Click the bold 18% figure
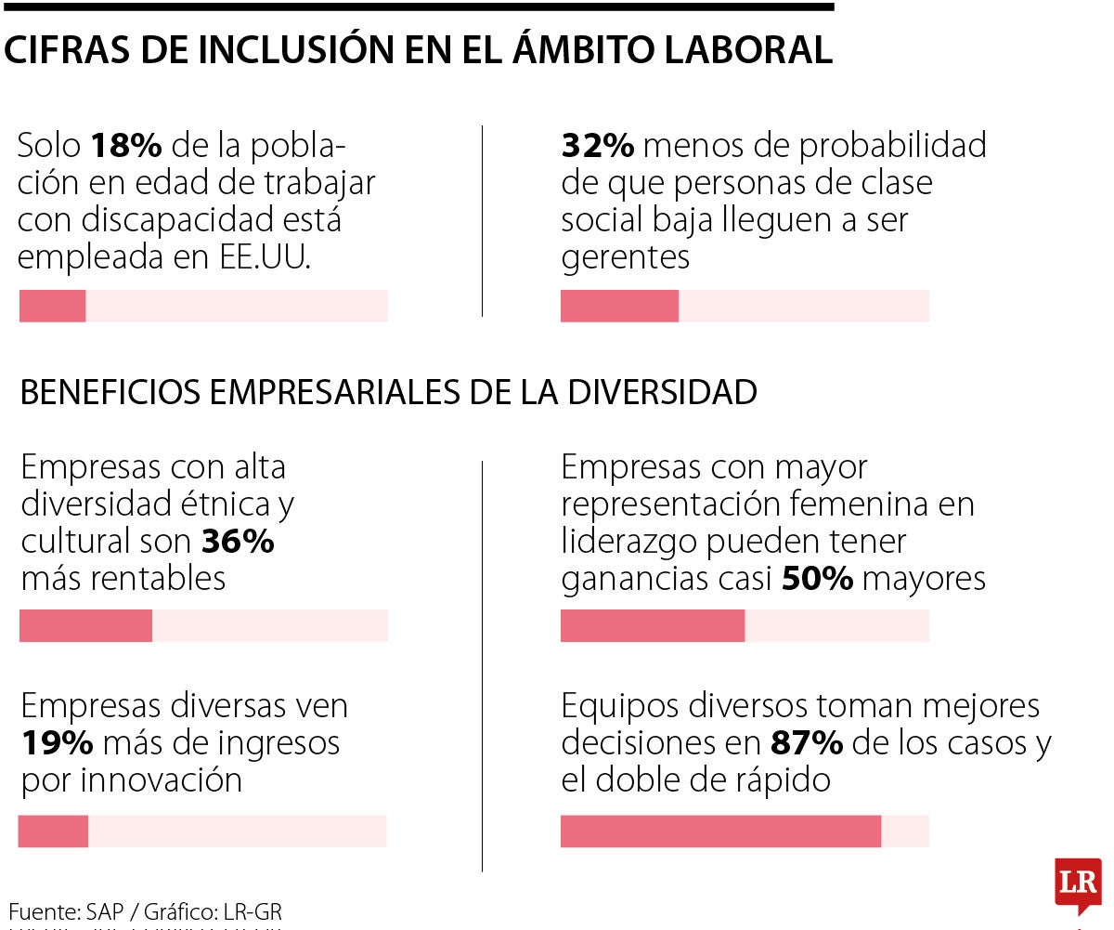click(x=127, y=146)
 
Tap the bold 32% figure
click(x=598, y=146)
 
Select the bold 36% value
click(x=238, y=541)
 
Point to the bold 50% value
click(x=817, y=579)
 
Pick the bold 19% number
click(x=57, y=742)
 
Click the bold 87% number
click(x=807, y=743)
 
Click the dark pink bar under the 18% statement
click(x=53, y=306)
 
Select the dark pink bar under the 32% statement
click(x=619, y=306)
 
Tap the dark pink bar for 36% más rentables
click(x=85, y=625)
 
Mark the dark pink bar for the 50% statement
click(x=653, y=625)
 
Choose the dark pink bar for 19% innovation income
click(x=53, y=831)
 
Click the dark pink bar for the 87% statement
click(x=720, y=831)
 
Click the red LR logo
click(x=1078, y=884)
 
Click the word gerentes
click(x=625, y=257)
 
